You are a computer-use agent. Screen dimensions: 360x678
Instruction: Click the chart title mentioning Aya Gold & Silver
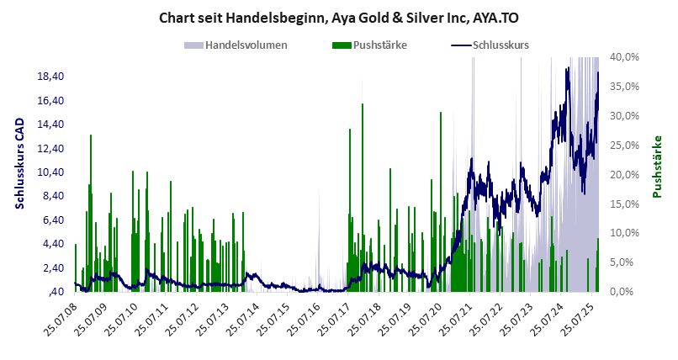339,17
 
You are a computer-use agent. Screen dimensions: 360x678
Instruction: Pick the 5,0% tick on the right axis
626,262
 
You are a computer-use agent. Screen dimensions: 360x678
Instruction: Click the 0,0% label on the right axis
626,291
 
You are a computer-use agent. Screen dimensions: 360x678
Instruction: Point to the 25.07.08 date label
59,320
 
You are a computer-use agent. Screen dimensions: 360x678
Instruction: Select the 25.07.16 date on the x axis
302,320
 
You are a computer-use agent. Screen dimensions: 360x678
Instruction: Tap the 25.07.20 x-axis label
424,320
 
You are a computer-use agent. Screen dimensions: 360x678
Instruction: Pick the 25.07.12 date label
181,320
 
